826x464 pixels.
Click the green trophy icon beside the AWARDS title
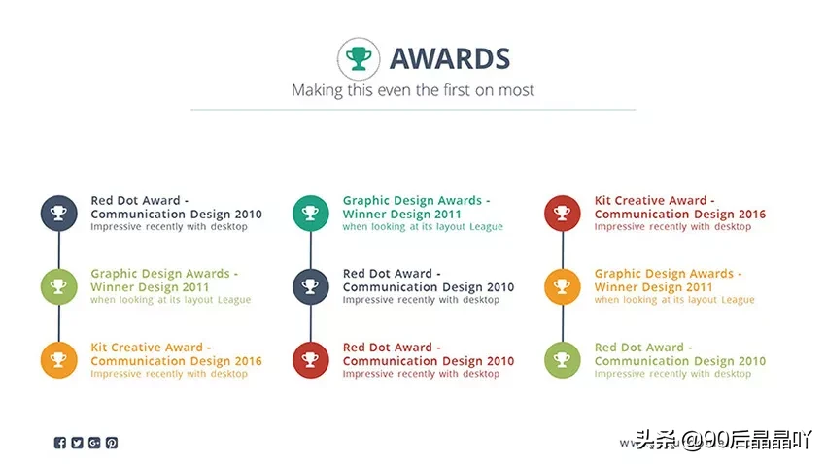click(359, 58)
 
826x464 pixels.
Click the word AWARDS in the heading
click(450, 58)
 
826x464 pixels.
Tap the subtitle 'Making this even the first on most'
click(413, 90)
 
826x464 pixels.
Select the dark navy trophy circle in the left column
click(59, 213)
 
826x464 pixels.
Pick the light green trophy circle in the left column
click(59, 286)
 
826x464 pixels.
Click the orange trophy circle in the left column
click(59, 360)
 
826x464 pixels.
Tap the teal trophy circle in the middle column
click(311, 213)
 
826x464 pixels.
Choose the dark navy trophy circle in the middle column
click(311, 286)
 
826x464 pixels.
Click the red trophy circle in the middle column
click(311, 360)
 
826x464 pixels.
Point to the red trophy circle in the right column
click(563, 213)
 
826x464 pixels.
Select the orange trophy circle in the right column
click(563, 286)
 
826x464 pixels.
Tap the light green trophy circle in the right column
click(563, 360)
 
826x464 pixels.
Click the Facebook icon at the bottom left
click(60, 443)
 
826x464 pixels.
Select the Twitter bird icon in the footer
click(78, 443)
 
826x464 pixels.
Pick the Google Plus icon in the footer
click(94, 443)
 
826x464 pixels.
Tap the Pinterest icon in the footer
click(112, 443)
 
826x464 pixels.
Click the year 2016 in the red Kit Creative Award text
click(752, 215)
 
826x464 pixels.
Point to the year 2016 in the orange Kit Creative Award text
click(248, 361)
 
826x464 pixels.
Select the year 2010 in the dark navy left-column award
click(248, 215)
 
